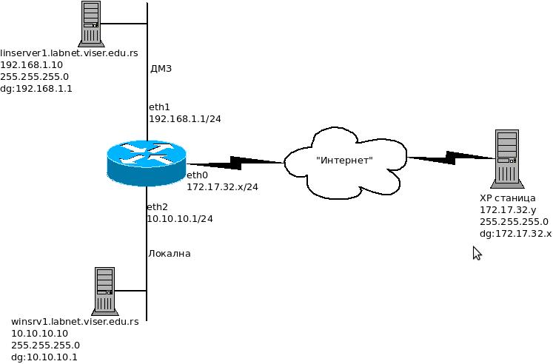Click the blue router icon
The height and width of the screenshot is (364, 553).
(x=146, y=163)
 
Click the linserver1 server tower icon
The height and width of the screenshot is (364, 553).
(x=91, y=24)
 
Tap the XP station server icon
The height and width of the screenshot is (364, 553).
(x=506, y=156)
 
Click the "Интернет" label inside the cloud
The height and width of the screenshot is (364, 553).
(x=344, y=160)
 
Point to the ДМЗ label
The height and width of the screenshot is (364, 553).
(x=161, y=69)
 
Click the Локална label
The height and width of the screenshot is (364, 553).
(x=170, y=254)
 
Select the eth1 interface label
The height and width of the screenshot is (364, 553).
(x=159, y=107)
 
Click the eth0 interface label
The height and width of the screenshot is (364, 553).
(x=197, y=175)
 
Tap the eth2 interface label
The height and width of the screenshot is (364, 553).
(x=158, y=207)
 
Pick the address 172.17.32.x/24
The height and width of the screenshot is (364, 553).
(x=222, y=186)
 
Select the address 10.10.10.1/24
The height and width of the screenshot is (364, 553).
(x=180, y=219)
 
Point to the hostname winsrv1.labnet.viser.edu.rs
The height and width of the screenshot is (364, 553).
(x=75, y=322)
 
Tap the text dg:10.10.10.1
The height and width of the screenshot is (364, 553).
(x=44, y=357)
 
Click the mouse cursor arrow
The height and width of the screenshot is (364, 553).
(x=477, y=253)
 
